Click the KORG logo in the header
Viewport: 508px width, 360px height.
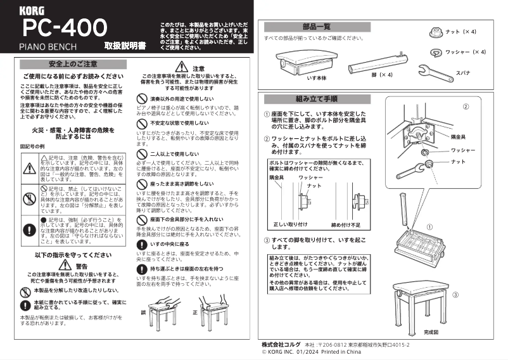tap(32, 10)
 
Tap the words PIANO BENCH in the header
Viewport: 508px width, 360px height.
tap(48, 46)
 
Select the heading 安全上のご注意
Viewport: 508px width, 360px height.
tap(73, 64)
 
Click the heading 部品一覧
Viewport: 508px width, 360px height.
tap(317, 27)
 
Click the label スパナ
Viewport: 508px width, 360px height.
tap(463, 74)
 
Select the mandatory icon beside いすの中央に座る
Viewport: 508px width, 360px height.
tap(141, 243)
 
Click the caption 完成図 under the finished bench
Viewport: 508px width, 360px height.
tap(431, 332)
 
